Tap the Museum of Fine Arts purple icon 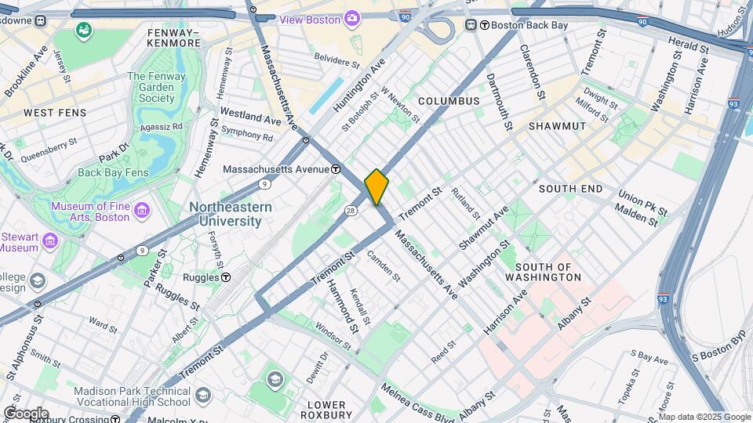[141, 210]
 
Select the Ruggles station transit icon [226, 277]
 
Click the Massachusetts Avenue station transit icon [335, 168]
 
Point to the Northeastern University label [230, 214]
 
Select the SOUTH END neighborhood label [570, 189]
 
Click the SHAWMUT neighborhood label [557, 125]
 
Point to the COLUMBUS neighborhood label [449, 101]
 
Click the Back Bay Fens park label [113, 172]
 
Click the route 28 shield [351, 210]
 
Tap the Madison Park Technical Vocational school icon [203, 393]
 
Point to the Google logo [25, 413]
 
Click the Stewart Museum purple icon [51, 240]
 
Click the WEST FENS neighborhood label [49, 113]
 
